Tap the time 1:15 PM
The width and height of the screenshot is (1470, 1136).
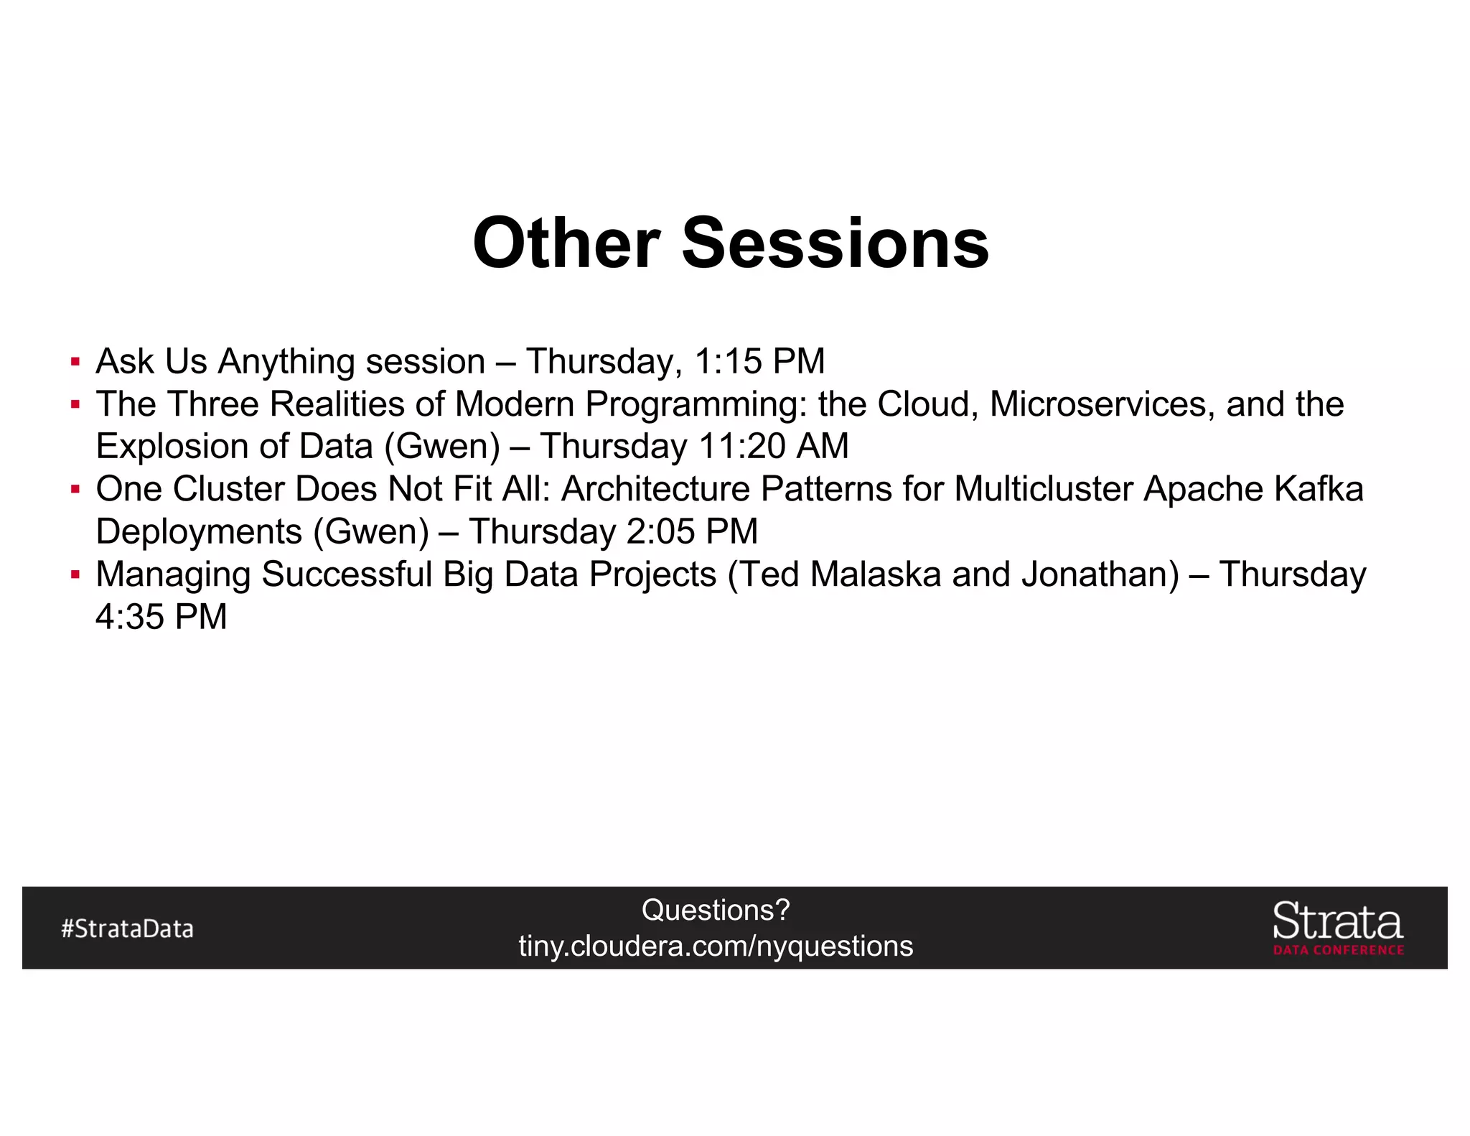coord(759,361)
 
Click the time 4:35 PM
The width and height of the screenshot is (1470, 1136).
coord(161,617)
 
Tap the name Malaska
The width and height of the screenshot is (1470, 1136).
coord(875,574)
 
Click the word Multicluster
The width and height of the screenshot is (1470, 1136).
coord(1044,489)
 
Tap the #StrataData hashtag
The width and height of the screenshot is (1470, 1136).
coord(127,928)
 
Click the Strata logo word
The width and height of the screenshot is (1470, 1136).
coord(1337,921)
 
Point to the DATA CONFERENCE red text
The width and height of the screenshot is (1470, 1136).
coord(1338,950)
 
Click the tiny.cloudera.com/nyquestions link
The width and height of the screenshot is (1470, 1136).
coord(716,946)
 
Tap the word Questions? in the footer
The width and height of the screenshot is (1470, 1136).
coord(716,910)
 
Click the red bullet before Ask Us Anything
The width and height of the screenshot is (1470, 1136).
coord(75,361)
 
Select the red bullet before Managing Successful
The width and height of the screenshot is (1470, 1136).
coord(75,574)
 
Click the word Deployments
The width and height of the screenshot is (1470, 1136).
coord(199,532)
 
